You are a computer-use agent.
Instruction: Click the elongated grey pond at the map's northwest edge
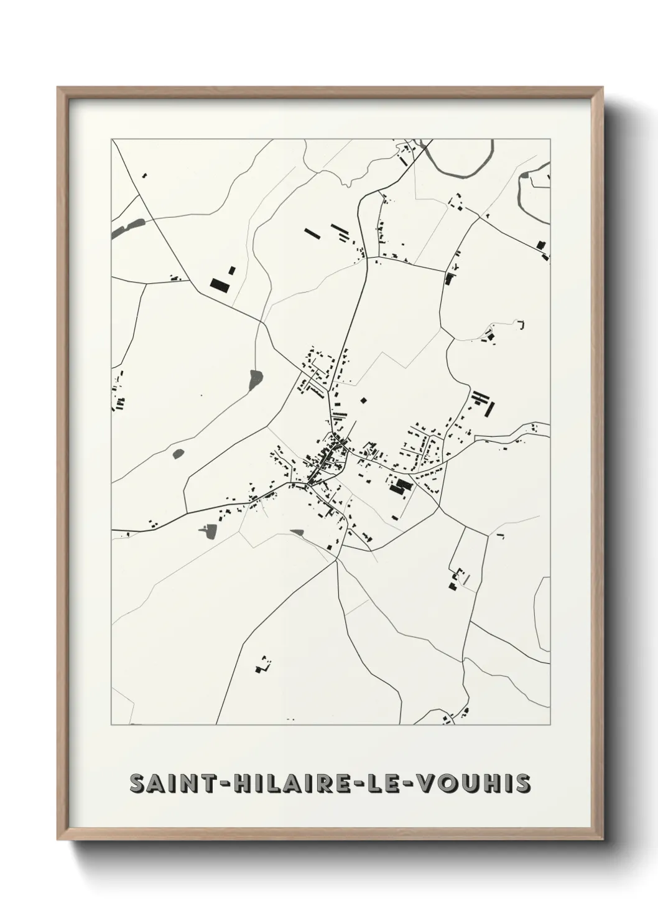coord(127,228)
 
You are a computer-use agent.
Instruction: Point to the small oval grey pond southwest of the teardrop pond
coord(178,454)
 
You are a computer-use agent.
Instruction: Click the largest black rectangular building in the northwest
coord(220,284)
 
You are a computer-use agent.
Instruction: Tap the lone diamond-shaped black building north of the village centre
coord(364,400)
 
